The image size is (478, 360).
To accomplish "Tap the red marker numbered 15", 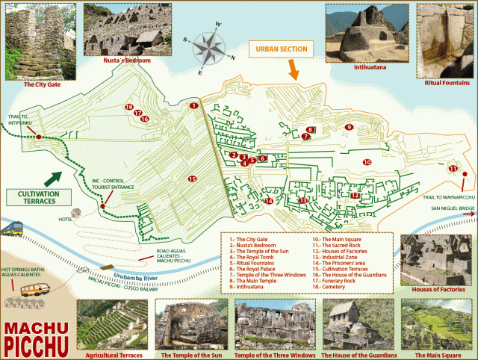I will tap(192, 179).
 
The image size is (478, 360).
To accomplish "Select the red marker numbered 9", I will tap(349, 127).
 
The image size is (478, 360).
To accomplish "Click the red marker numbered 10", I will tap(367, 162).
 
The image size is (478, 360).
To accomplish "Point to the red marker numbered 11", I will tap(453, 169).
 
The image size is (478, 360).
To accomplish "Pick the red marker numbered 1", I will tap(193, 106).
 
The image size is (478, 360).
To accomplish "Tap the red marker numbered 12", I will tap(356, 196).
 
